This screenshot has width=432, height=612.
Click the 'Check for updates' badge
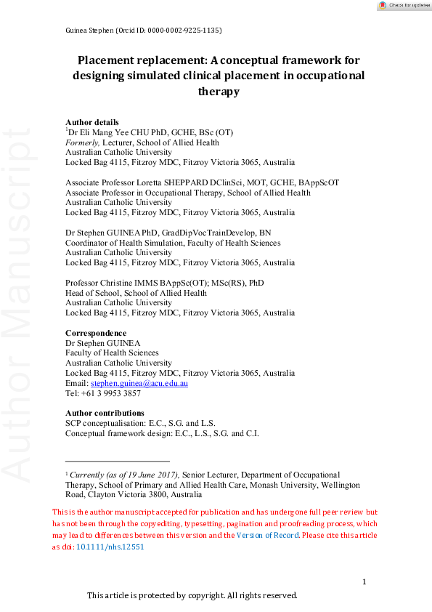point(402,5)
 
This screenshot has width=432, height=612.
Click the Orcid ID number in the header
point(182,31)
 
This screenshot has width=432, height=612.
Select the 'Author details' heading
point(92,122)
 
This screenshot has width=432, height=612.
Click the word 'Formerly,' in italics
point(82,142)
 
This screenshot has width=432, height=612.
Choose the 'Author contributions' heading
point(105,413)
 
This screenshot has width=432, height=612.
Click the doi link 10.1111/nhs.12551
point(110,547)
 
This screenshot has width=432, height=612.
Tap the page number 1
point(364,581)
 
